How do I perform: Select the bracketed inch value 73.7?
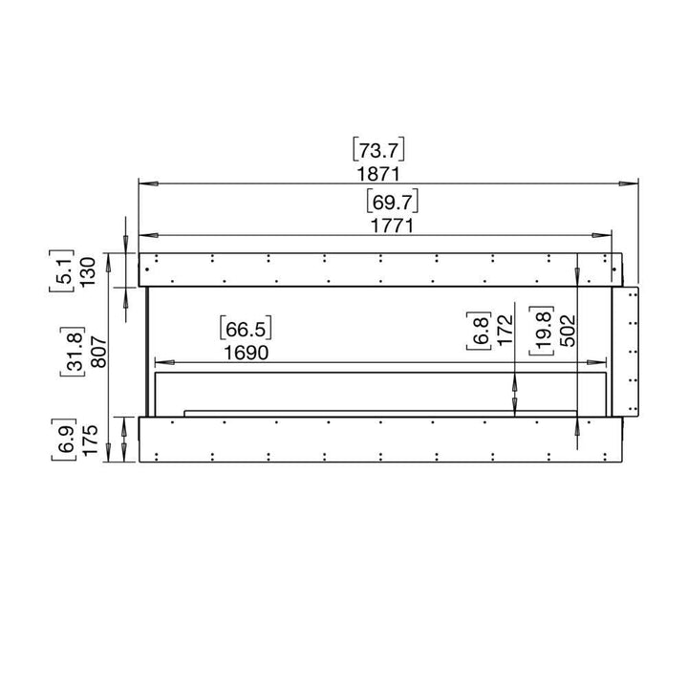(x=380, y=149)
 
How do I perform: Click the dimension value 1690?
(x=247, y=353)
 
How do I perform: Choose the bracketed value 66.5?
(x=247, y=329)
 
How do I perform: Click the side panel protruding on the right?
(x=628, y=350)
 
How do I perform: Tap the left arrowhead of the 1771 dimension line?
(x=146, y=234)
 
